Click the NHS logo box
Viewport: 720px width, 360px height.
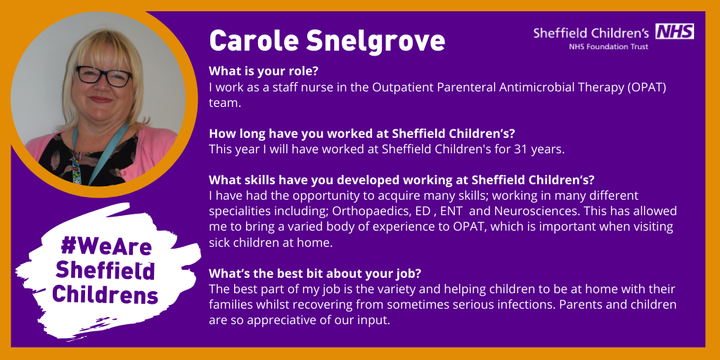(674, 31)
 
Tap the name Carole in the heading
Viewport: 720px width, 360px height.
(254, 40)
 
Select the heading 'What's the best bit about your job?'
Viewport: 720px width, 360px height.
(315, 274)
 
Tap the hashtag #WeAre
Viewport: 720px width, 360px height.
(105, 247)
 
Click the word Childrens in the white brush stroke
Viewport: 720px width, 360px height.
(105, 295)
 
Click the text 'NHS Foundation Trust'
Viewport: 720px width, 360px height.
(608, 46)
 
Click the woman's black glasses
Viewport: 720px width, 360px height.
(104, 76)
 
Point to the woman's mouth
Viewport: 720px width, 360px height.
(101, 100)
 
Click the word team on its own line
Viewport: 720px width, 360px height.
(225, 103)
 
